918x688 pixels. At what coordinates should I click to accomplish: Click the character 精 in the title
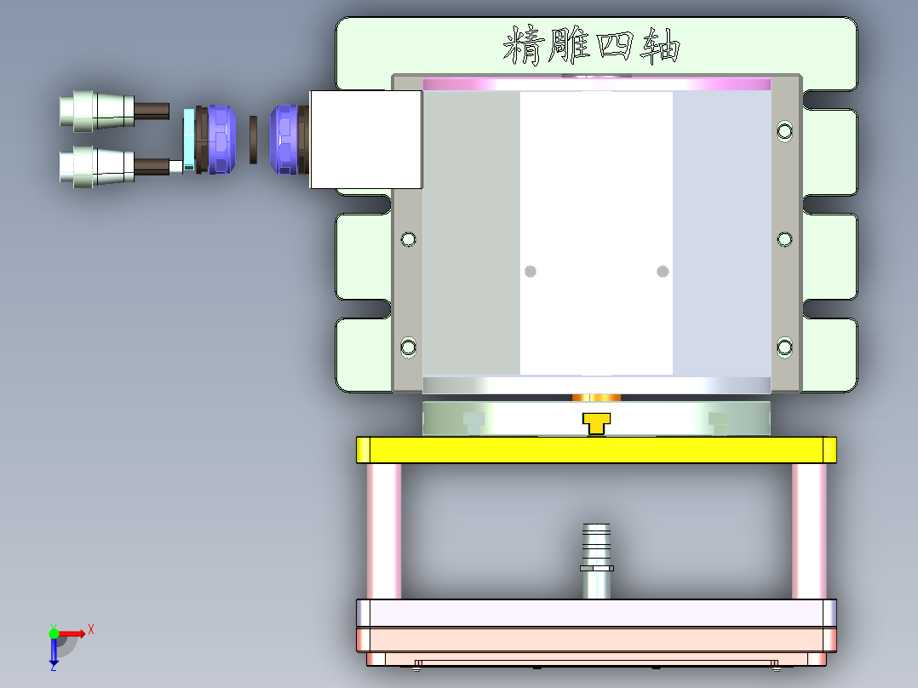(x=524, y=46)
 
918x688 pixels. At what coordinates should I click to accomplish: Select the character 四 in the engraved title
(x=616, y=46)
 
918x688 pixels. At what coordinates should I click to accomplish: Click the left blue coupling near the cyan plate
(x=220, y=140)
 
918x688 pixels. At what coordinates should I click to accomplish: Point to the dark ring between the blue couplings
(x=253, y=140)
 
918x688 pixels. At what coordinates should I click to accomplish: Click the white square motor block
(x=365, y=140)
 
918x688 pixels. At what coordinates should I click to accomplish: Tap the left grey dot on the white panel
(x=531, y=272)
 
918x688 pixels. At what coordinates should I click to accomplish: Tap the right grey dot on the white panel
(x=663, y=272)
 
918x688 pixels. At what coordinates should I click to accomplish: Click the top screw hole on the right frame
(x=784, y=131)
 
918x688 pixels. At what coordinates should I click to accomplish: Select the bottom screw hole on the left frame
(x=409, y=347)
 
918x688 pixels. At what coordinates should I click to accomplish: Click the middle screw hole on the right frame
(x=784, y=239)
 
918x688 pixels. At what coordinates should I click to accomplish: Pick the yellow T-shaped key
(x=596, y=422)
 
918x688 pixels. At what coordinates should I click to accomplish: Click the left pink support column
(x=383, y=531)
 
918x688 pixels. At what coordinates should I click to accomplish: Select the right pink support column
(x=809, y=531)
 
